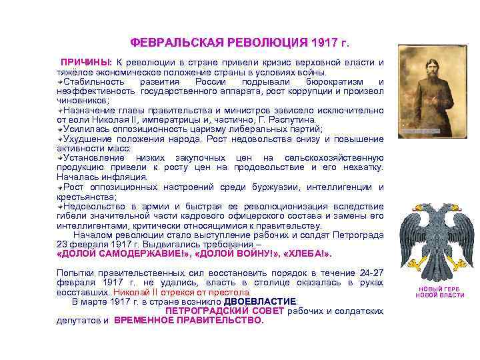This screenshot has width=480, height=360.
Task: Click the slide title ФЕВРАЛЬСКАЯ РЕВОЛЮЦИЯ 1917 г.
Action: click(x=239, y=43)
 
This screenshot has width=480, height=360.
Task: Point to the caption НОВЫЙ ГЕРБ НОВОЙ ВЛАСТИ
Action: click(x=439, y=292)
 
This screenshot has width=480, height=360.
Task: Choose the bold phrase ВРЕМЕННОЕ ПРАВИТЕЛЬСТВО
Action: click(x=189, y=320)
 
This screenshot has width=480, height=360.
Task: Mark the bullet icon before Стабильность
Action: click(x=60, y=81)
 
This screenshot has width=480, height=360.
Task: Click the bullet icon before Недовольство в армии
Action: click(x=60, y=206)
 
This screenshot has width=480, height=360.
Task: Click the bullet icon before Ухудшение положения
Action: click(x=60, y=138)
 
